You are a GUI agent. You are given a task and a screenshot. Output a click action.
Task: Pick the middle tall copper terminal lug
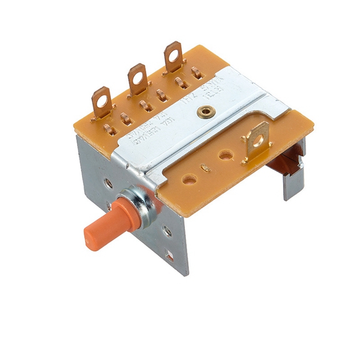coord(137,79)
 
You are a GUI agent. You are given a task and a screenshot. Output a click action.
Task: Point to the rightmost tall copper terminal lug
coord(173,56)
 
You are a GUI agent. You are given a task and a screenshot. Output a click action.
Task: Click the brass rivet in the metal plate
coord(205,112)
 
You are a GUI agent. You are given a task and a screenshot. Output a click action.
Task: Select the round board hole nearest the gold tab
coord(225,156)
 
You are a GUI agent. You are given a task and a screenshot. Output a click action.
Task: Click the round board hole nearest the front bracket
coord(189,179)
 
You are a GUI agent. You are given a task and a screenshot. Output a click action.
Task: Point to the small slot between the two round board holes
coord(206,167)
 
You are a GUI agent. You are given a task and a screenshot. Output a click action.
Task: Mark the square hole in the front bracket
coord(170,256)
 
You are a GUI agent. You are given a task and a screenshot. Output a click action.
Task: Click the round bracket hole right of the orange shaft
coord(167,232)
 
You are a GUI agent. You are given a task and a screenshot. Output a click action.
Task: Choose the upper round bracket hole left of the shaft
coord(108,183)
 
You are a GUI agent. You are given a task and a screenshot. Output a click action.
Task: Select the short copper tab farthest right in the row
coord(196,72)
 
